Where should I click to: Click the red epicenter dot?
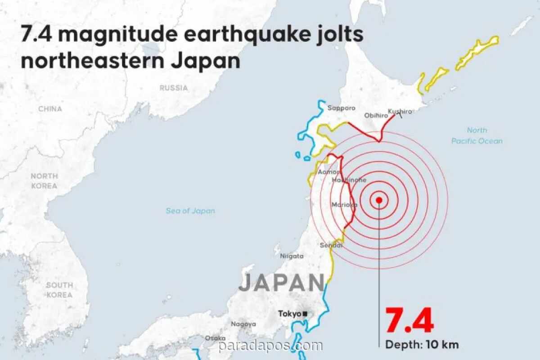pos(379,200)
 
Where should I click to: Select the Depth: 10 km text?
pos(422,345)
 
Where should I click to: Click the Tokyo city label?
pos(289,314)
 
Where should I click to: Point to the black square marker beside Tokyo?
pos(305,314)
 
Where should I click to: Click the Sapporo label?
pos(342,108)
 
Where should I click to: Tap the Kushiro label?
pos(400,111)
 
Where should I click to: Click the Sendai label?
pos(331,245)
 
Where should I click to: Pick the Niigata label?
pos(292,256)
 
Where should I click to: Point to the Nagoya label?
pos(243,324)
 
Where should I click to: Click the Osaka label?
pos(215,338)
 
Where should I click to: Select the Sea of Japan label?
pos(190,211)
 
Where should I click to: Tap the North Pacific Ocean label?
pos(477,135)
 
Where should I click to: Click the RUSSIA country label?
pos(174,88)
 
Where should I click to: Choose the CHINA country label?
pos(50,109)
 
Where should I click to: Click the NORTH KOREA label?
pos(44,181)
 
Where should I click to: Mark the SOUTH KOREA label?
pos(59,290)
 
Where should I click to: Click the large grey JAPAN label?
pos(281,283)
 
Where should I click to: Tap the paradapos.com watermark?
pos(270,346)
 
